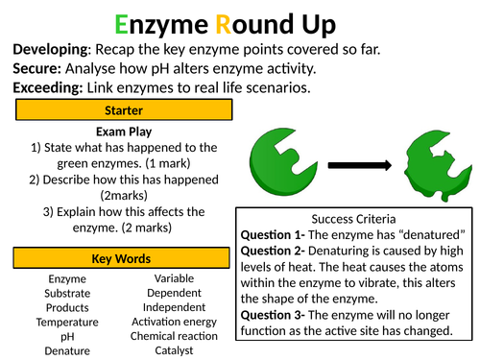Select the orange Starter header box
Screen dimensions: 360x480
pos(123,111)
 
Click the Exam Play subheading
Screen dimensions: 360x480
pos(123,131)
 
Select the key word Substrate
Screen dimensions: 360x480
pos(66,293)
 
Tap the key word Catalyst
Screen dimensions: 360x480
pos(174,350)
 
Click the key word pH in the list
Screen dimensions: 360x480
pos(67,336)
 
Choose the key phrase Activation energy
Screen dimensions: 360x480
pos(174,322)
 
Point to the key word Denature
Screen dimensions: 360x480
pos(66,350)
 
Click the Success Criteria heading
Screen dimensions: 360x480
pos(353,218)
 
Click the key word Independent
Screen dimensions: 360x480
pos(174,307)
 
